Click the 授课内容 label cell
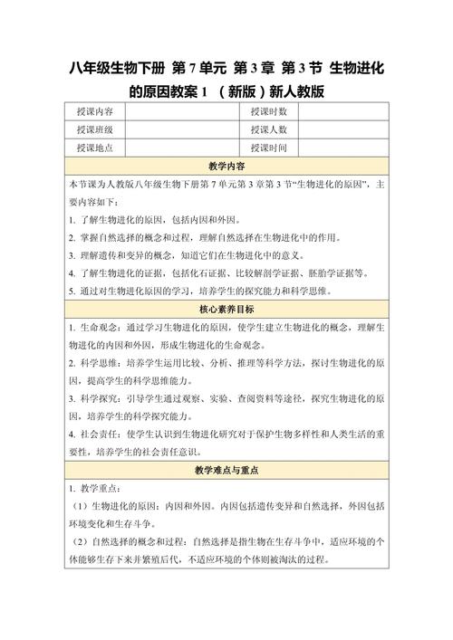click(95, 112)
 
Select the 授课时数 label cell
click(269, 112)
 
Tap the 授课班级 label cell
click(95, 130)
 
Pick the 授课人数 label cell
click(269, 130)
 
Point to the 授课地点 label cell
click(95, 148)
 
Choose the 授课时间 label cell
click(269, 148)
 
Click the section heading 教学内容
click(226, 167)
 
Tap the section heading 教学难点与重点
click(226, 472)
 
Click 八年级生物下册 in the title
click(115, 68)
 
